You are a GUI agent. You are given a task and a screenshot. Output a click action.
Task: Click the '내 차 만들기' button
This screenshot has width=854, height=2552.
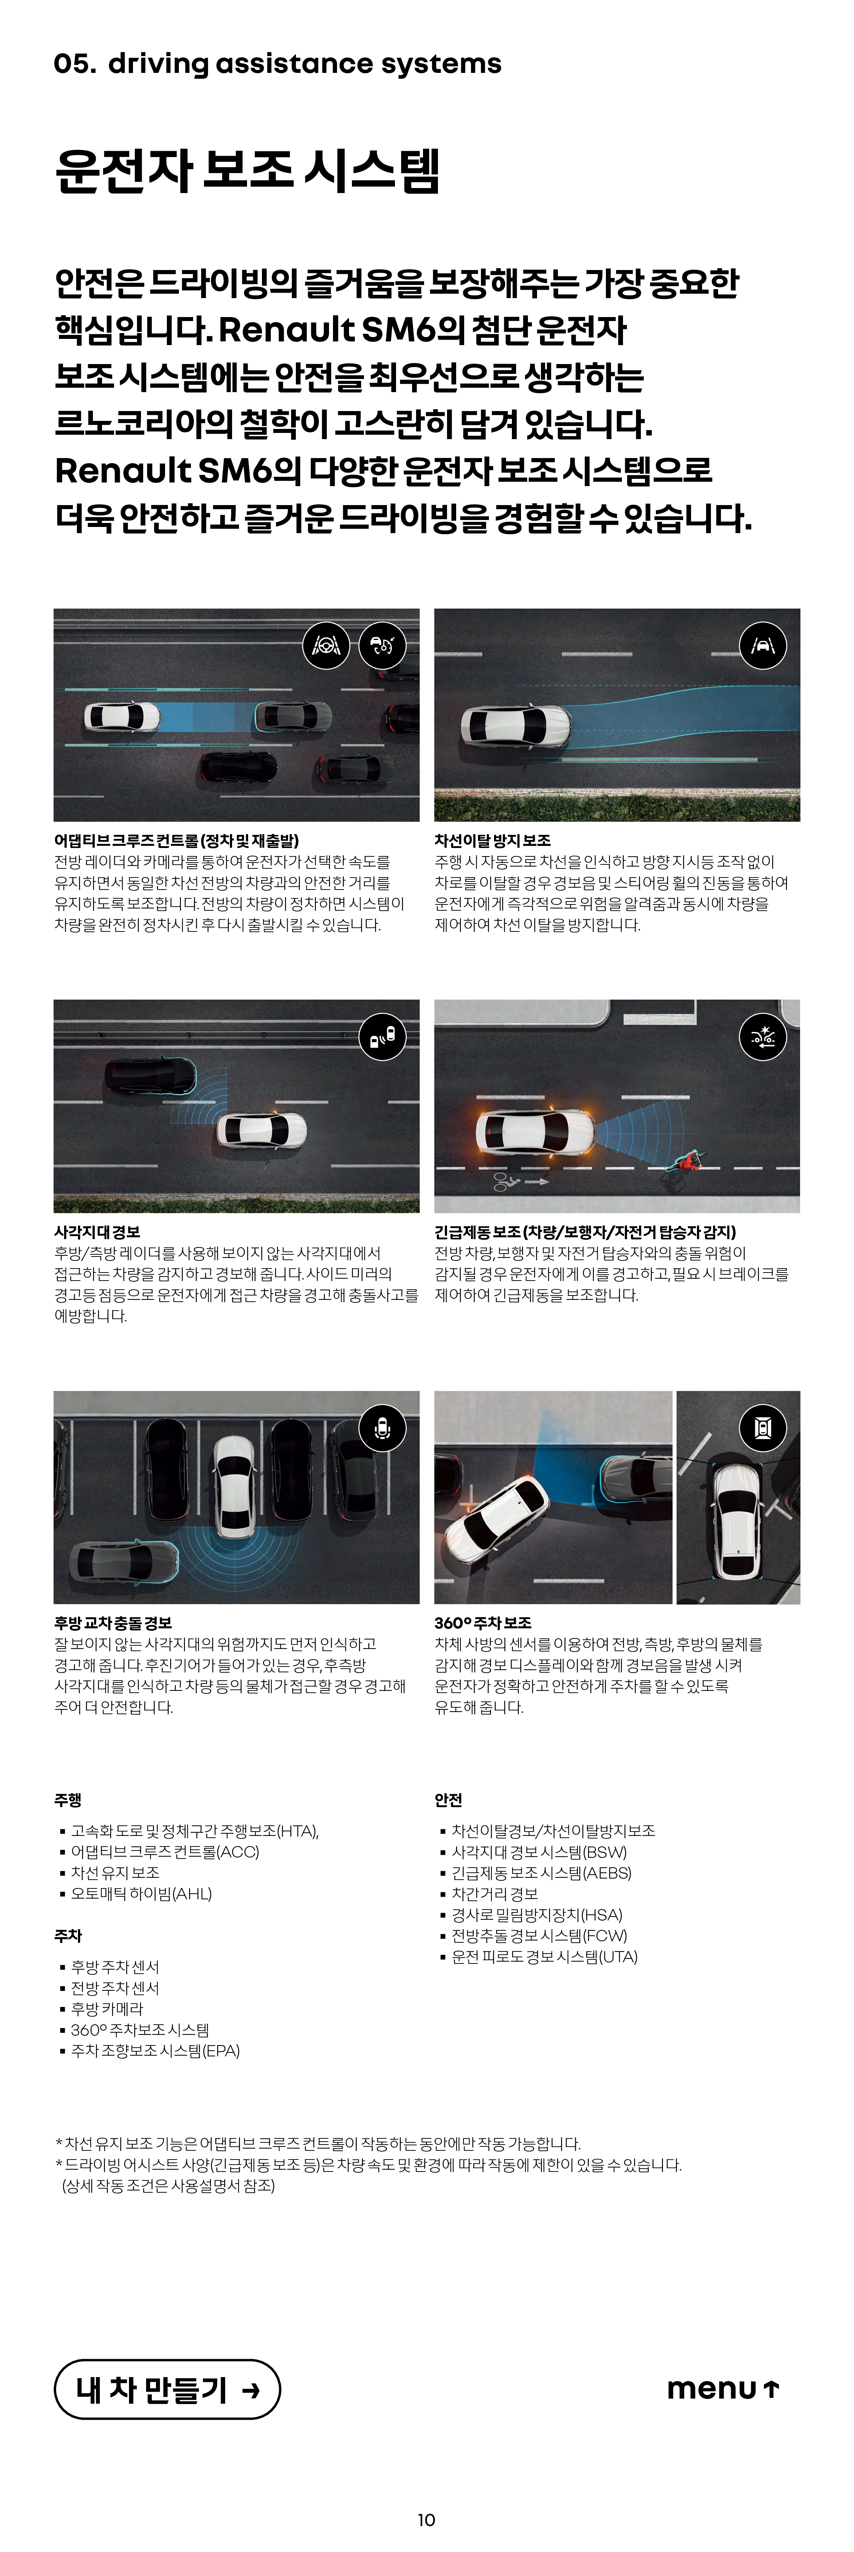(x=167, y=2389)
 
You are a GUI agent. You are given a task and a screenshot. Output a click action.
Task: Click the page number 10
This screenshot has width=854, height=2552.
(x=426, y=2519)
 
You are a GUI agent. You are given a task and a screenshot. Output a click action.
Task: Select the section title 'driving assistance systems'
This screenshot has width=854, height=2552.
(x=304, y=63)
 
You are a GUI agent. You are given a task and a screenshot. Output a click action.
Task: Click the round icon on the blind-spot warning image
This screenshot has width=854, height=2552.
(x=383, y=1037)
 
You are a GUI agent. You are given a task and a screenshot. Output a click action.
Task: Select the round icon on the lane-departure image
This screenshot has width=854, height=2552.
(x=763, y=646)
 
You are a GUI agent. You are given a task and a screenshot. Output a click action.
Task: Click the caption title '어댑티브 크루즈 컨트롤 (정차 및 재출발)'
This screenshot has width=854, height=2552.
(x=176, y=840)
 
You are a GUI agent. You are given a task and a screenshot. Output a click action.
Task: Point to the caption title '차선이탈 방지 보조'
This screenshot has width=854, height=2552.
(x=492, y=840)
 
